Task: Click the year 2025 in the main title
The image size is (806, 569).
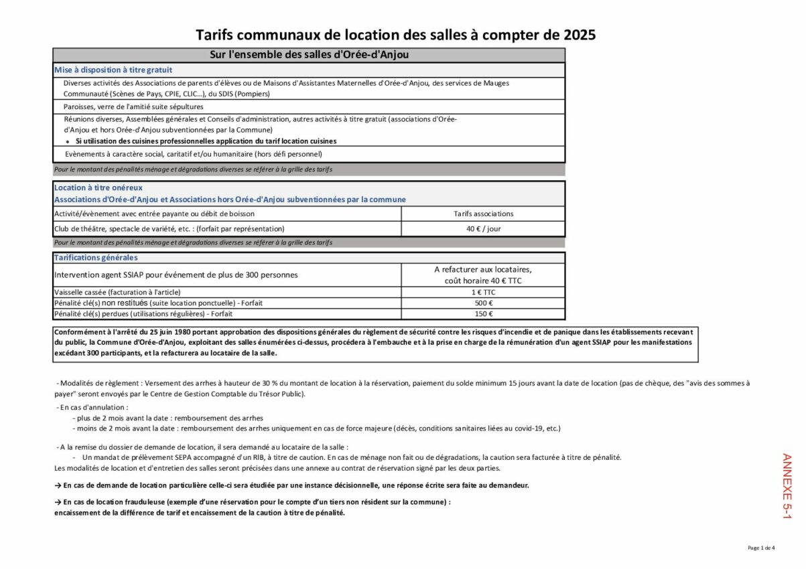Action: [x=579, y=35]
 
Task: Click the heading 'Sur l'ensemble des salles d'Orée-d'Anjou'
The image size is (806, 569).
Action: [x=309, y=55]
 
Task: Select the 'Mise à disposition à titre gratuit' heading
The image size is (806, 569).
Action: [x=113, y=70]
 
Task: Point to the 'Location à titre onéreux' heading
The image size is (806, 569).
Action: [x=98, y=188]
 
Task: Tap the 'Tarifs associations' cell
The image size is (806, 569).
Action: [x=483, y=214]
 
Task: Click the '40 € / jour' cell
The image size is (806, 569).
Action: [x=483, y=228]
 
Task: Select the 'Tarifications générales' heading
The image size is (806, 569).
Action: [x=96, y=258]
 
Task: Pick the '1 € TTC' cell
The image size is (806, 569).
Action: [x=483, y=293]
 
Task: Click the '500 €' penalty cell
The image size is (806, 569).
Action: [x=483, y=303]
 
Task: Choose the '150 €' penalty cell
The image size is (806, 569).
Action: [x=483, y=314]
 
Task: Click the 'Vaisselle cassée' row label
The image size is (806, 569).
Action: [x=117, y=293]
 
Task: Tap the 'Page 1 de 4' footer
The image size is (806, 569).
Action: [x=761, y=548]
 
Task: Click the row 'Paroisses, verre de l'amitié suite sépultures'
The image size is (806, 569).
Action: [x=133, y=106]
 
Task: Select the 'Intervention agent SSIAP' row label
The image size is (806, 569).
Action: [x=176, y=274]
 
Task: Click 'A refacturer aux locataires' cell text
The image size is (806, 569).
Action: [x=483, y=270]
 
